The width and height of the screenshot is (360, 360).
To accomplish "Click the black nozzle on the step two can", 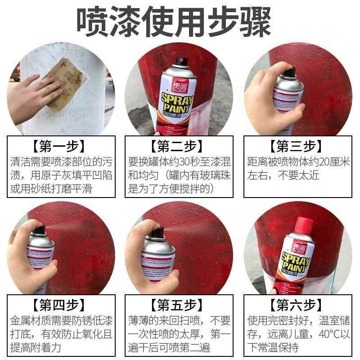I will pos(182,60).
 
